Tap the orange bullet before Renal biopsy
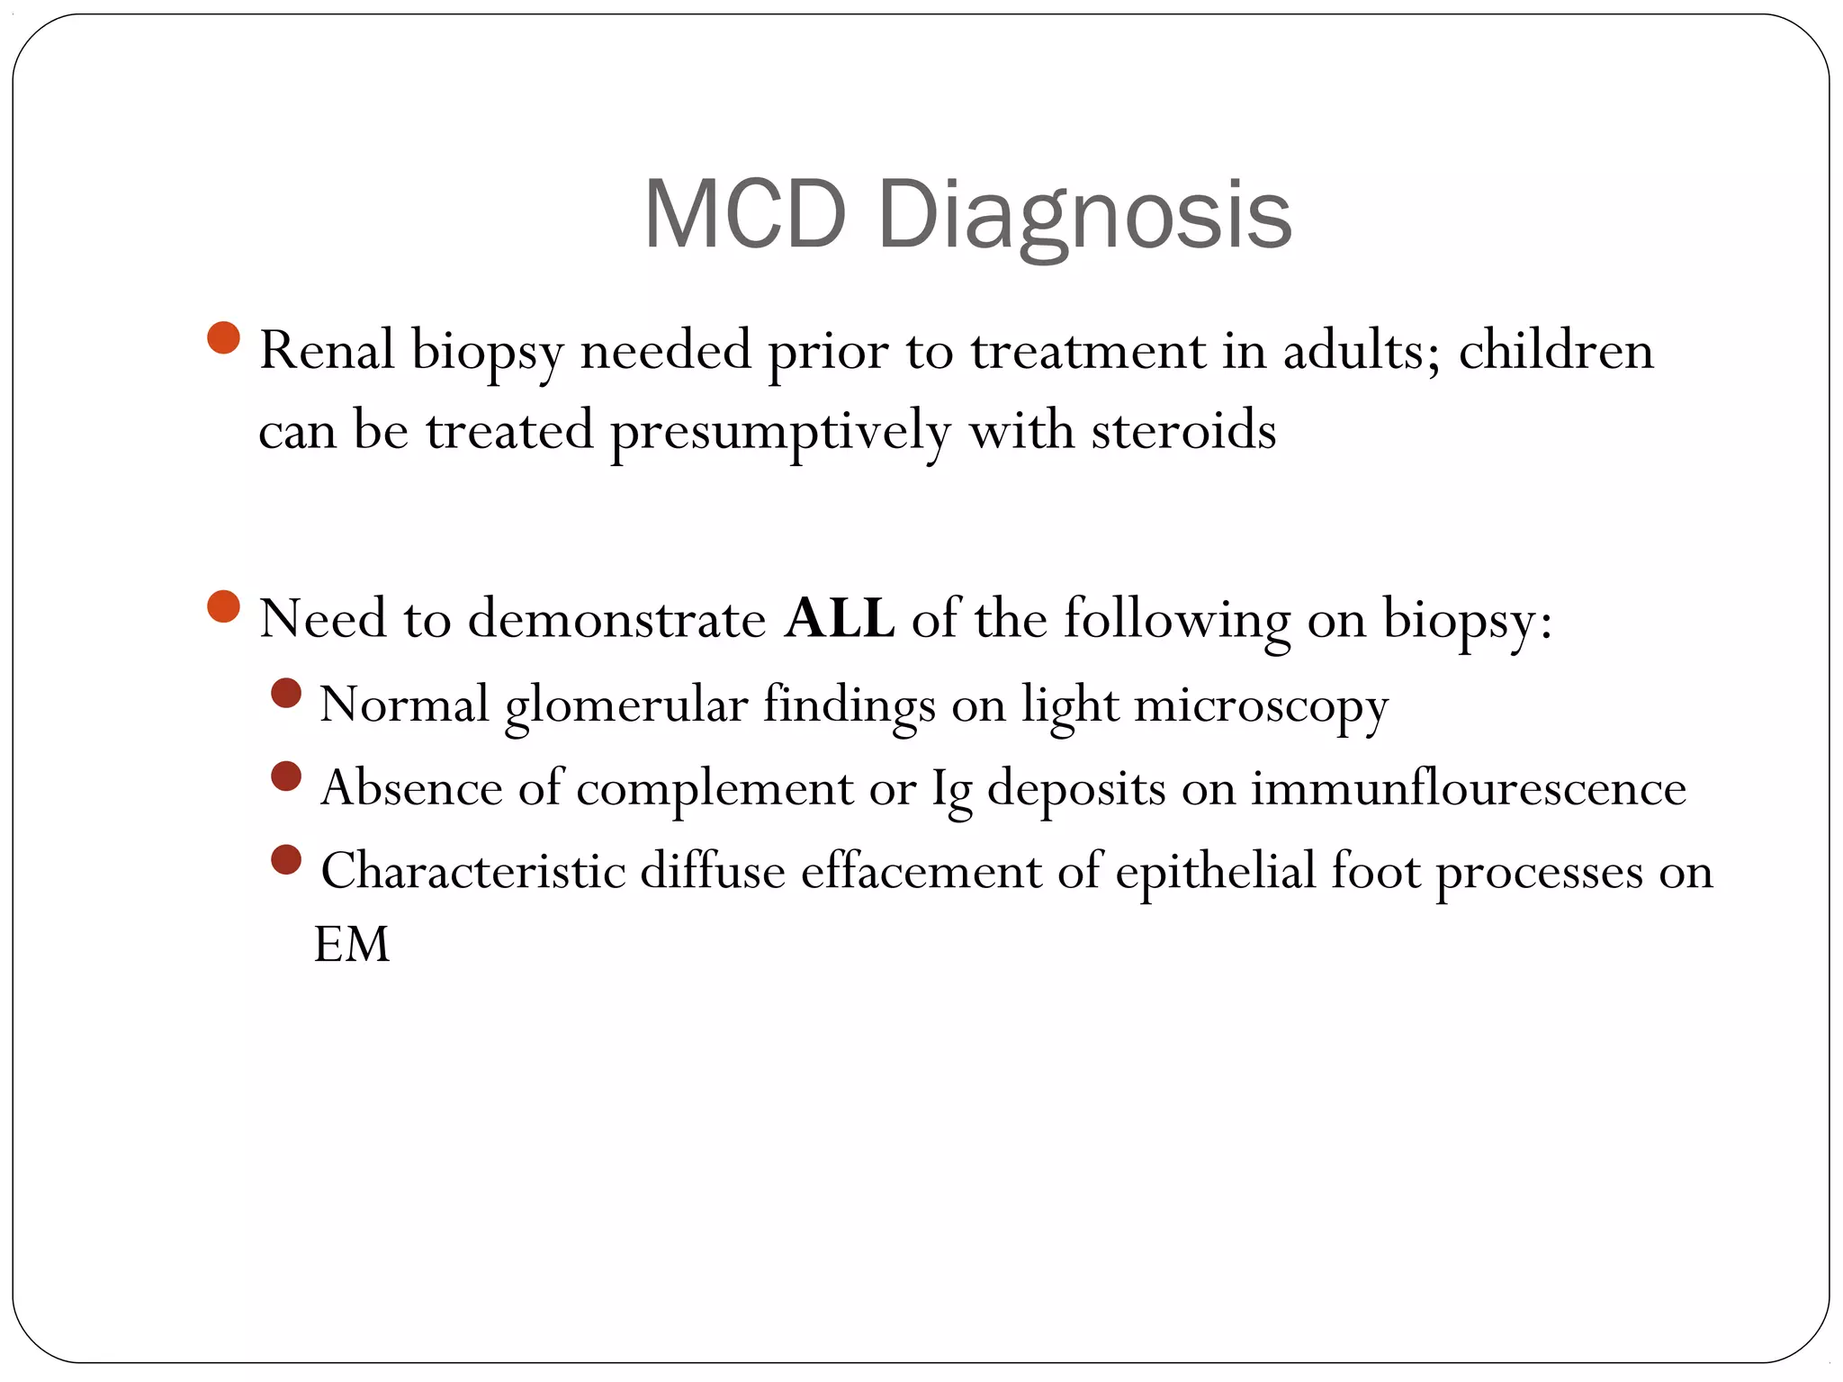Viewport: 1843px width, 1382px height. click(x=223, y=338)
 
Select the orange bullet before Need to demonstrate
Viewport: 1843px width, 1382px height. click(x=223, y=606)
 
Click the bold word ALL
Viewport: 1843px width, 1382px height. click(x=839, y=619)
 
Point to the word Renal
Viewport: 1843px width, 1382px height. click(x=327, y=350)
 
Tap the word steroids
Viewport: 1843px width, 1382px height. click(x=1183, y=430)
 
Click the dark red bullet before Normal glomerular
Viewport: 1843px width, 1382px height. click(x=285, y=693)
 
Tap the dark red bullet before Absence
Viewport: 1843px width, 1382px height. click(x=285, y=776)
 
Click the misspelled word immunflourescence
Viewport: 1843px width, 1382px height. click(x=1469, y=788)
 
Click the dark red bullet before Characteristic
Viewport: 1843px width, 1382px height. click(x=285, y=859)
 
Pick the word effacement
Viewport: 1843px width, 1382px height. click(x=921, y=871)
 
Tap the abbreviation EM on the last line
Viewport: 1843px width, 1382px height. click(x=351, y=945)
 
